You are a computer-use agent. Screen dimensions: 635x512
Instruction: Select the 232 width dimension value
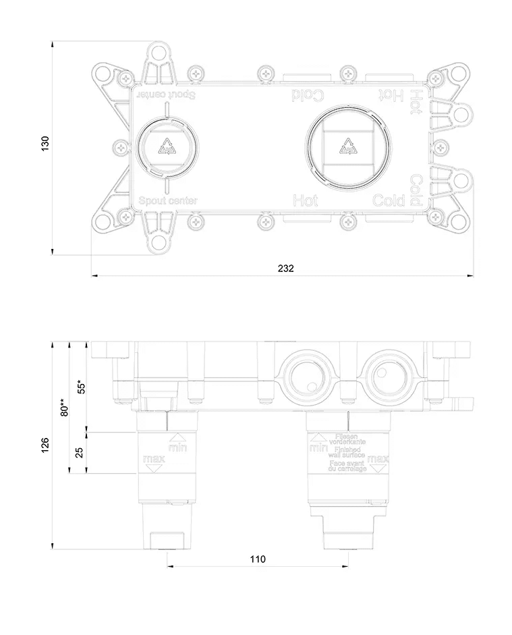pyautogui.click(x=285, y=268)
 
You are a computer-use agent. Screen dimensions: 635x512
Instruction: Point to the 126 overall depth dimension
pyautogui.click(x=45, y=445)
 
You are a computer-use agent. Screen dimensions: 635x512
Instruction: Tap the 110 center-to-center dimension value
pyautogui.click(x=258, y=559)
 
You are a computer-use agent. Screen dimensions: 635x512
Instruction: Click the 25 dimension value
pyautogui.click(x=80, y=452)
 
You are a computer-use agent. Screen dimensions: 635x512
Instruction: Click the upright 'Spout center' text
pyautogui.click(x=167, y=200)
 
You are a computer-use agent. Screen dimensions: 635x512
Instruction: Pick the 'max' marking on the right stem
pyautogui.click(x=378, y=460)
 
